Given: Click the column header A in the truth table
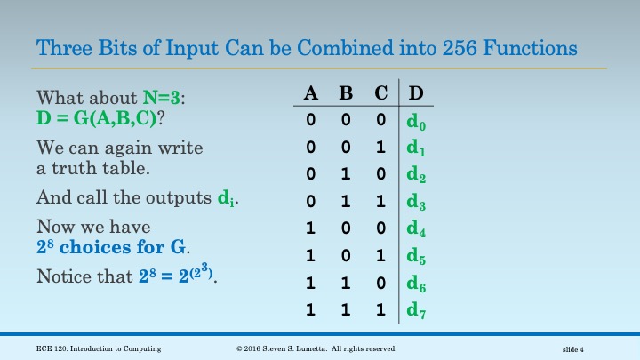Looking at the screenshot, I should click(x=311, y=93).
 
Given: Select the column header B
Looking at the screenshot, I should click(x=346, y=93).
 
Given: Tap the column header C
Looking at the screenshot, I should click(x=380, y=93).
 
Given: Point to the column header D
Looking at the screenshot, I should click(x=415, y=93).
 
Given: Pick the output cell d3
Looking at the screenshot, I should click(x=417, y=202).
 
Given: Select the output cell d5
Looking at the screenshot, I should click(x=417, y=256).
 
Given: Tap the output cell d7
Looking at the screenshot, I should click(x=417, y=311).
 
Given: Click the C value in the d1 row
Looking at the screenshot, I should click(x=380, y=147).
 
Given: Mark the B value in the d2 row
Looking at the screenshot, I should click(x=346, y=174).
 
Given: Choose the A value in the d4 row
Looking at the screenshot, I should click(x=310, y=228).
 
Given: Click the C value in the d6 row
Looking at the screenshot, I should click(x=380, y=284).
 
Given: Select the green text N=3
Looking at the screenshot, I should click(x=166, y=97).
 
